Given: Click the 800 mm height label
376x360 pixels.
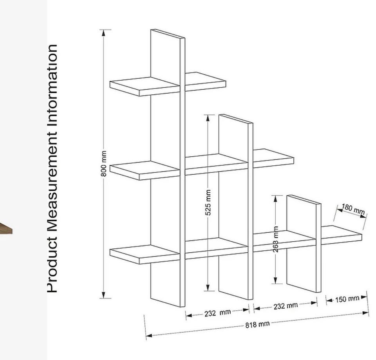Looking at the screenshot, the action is [103, 163].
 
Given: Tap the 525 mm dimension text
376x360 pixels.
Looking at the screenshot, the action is [208, 203].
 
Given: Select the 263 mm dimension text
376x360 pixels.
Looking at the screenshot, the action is [276, 239].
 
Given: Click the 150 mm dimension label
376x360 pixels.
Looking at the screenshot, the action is [347, 299].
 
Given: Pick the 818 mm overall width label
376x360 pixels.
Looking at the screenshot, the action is [257, 324].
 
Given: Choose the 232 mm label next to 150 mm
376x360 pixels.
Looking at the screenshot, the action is [286, 306].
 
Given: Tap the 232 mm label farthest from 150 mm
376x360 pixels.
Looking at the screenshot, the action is [217, 313].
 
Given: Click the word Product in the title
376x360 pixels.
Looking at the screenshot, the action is [52, 264].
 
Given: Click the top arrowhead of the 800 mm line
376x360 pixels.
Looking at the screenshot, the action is [103, 33].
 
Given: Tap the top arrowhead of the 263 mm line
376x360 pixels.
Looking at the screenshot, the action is [275, 198].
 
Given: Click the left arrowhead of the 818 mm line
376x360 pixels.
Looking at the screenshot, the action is [149, 335].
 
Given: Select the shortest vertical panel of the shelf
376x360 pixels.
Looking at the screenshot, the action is [304, 243].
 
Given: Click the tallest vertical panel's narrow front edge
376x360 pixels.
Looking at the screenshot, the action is [183, 172].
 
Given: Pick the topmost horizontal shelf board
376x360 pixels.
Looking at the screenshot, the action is [168, 84].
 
